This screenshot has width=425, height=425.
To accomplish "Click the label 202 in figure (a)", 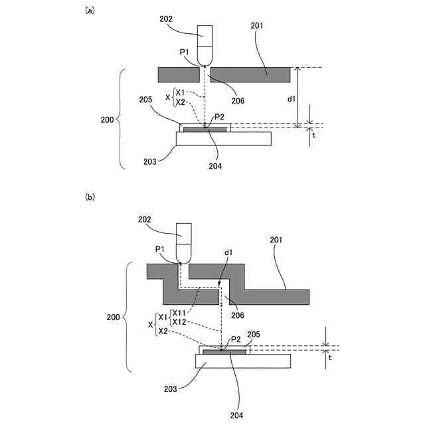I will point(166,19).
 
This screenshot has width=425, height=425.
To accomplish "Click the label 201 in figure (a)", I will point(257,26).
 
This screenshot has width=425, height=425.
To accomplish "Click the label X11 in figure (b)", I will point(179,313).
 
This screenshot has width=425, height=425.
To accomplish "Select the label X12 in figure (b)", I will point(179,321).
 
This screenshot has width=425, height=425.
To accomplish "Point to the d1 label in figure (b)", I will point(228,252).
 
